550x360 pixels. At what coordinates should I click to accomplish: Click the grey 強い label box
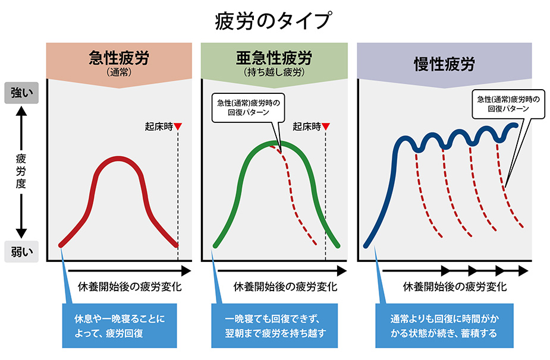pyautogui.click(x=21, y=93)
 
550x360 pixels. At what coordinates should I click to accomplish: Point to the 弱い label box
pyautogui.click(x=21, y=251)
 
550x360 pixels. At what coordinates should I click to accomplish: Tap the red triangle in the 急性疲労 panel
pyautogui.click(x=178, y=127)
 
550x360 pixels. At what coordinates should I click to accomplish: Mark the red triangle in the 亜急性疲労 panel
pyautogui.click(x=326, y=127)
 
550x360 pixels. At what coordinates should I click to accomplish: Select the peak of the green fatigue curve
pyautogui.click(x=277, y=143)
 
